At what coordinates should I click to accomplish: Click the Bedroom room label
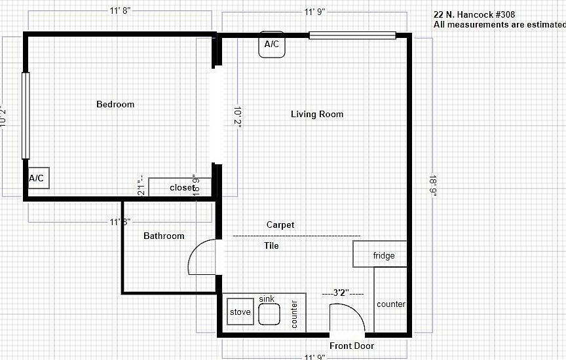(x=115, y=105)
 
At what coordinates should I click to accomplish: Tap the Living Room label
(x=317, y=115)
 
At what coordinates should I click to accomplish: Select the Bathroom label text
(x=164, y=236)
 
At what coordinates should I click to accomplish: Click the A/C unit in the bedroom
(x=37, y=178)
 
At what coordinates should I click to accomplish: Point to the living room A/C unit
(x=271, y=45)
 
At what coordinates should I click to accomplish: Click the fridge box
(x=383, y=255)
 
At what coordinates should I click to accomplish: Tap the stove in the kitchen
(x=240, y=312)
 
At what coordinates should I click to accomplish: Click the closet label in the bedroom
(x=182, y=188)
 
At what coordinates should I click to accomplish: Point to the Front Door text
(x=352, y=346)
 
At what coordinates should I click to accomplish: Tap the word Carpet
(x=280, y=225)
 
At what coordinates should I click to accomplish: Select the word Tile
(x=271, y=246)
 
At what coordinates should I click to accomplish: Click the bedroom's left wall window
(x=26, y=115)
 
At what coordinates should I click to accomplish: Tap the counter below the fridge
(x=391, y=304)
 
